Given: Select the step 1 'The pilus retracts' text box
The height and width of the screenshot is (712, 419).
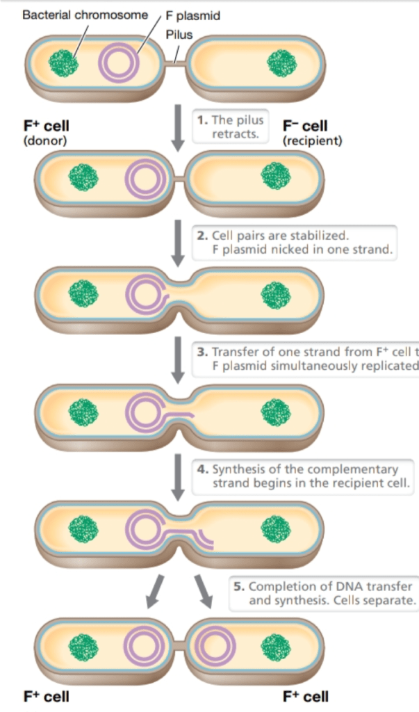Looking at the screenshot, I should pyautogui.click(x=230, y=127).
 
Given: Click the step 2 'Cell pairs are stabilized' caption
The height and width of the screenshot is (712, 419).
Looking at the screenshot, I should pyautogui.click(x=295, y=242).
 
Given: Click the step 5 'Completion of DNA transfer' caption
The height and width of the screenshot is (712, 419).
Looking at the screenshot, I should pyautogui.click(x=324, y=593).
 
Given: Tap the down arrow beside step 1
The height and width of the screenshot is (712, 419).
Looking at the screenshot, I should pyautogui.click(x=178, y=126).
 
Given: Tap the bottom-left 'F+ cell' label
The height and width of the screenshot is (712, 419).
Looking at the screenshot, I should pyautogui.click(x=47, y=696).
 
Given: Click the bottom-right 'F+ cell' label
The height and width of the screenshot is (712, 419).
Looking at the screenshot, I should pyautogui.click(x=306, y=696).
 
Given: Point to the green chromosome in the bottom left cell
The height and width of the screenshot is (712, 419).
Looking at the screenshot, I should pyautogui.click(x=83, y=647).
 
